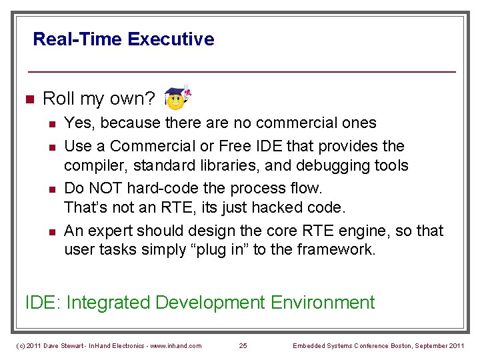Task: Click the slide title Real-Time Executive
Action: (x=123, y=39)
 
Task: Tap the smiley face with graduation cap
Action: (x=177, y=99)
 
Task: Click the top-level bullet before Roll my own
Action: (x=28, y=99)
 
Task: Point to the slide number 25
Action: (x=243, y=345)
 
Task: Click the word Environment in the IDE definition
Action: (x=323, y=303)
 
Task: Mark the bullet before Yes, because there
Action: (x=50, y=123)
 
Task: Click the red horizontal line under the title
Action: (x=241, y=71)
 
